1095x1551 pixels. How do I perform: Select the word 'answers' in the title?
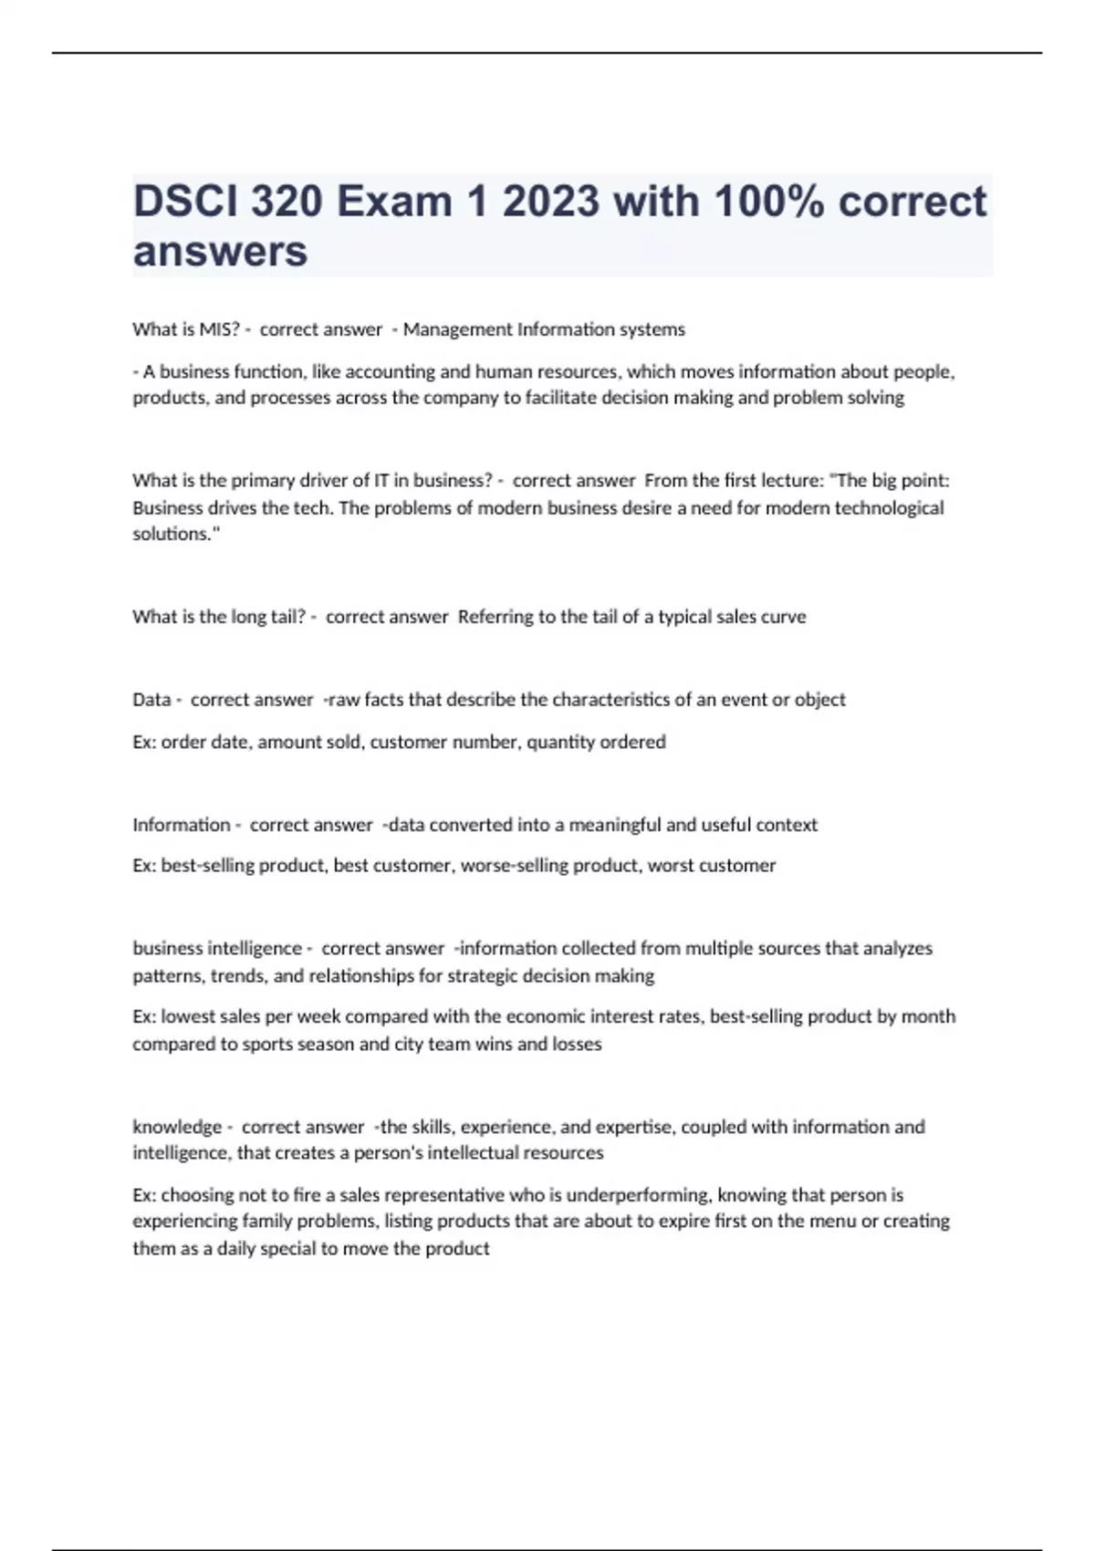220,251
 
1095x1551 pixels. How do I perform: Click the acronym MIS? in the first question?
219,329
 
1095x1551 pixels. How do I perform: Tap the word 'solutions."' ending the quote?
176,534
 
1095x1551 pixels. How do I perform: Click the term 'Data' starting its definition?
151,700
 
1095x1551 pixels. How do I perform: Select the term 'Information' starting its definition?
181,825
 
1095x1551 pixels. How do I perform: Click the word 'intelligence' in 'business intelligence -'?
257,948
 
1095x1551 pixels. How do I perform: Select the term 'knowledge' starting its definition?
177,1127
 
